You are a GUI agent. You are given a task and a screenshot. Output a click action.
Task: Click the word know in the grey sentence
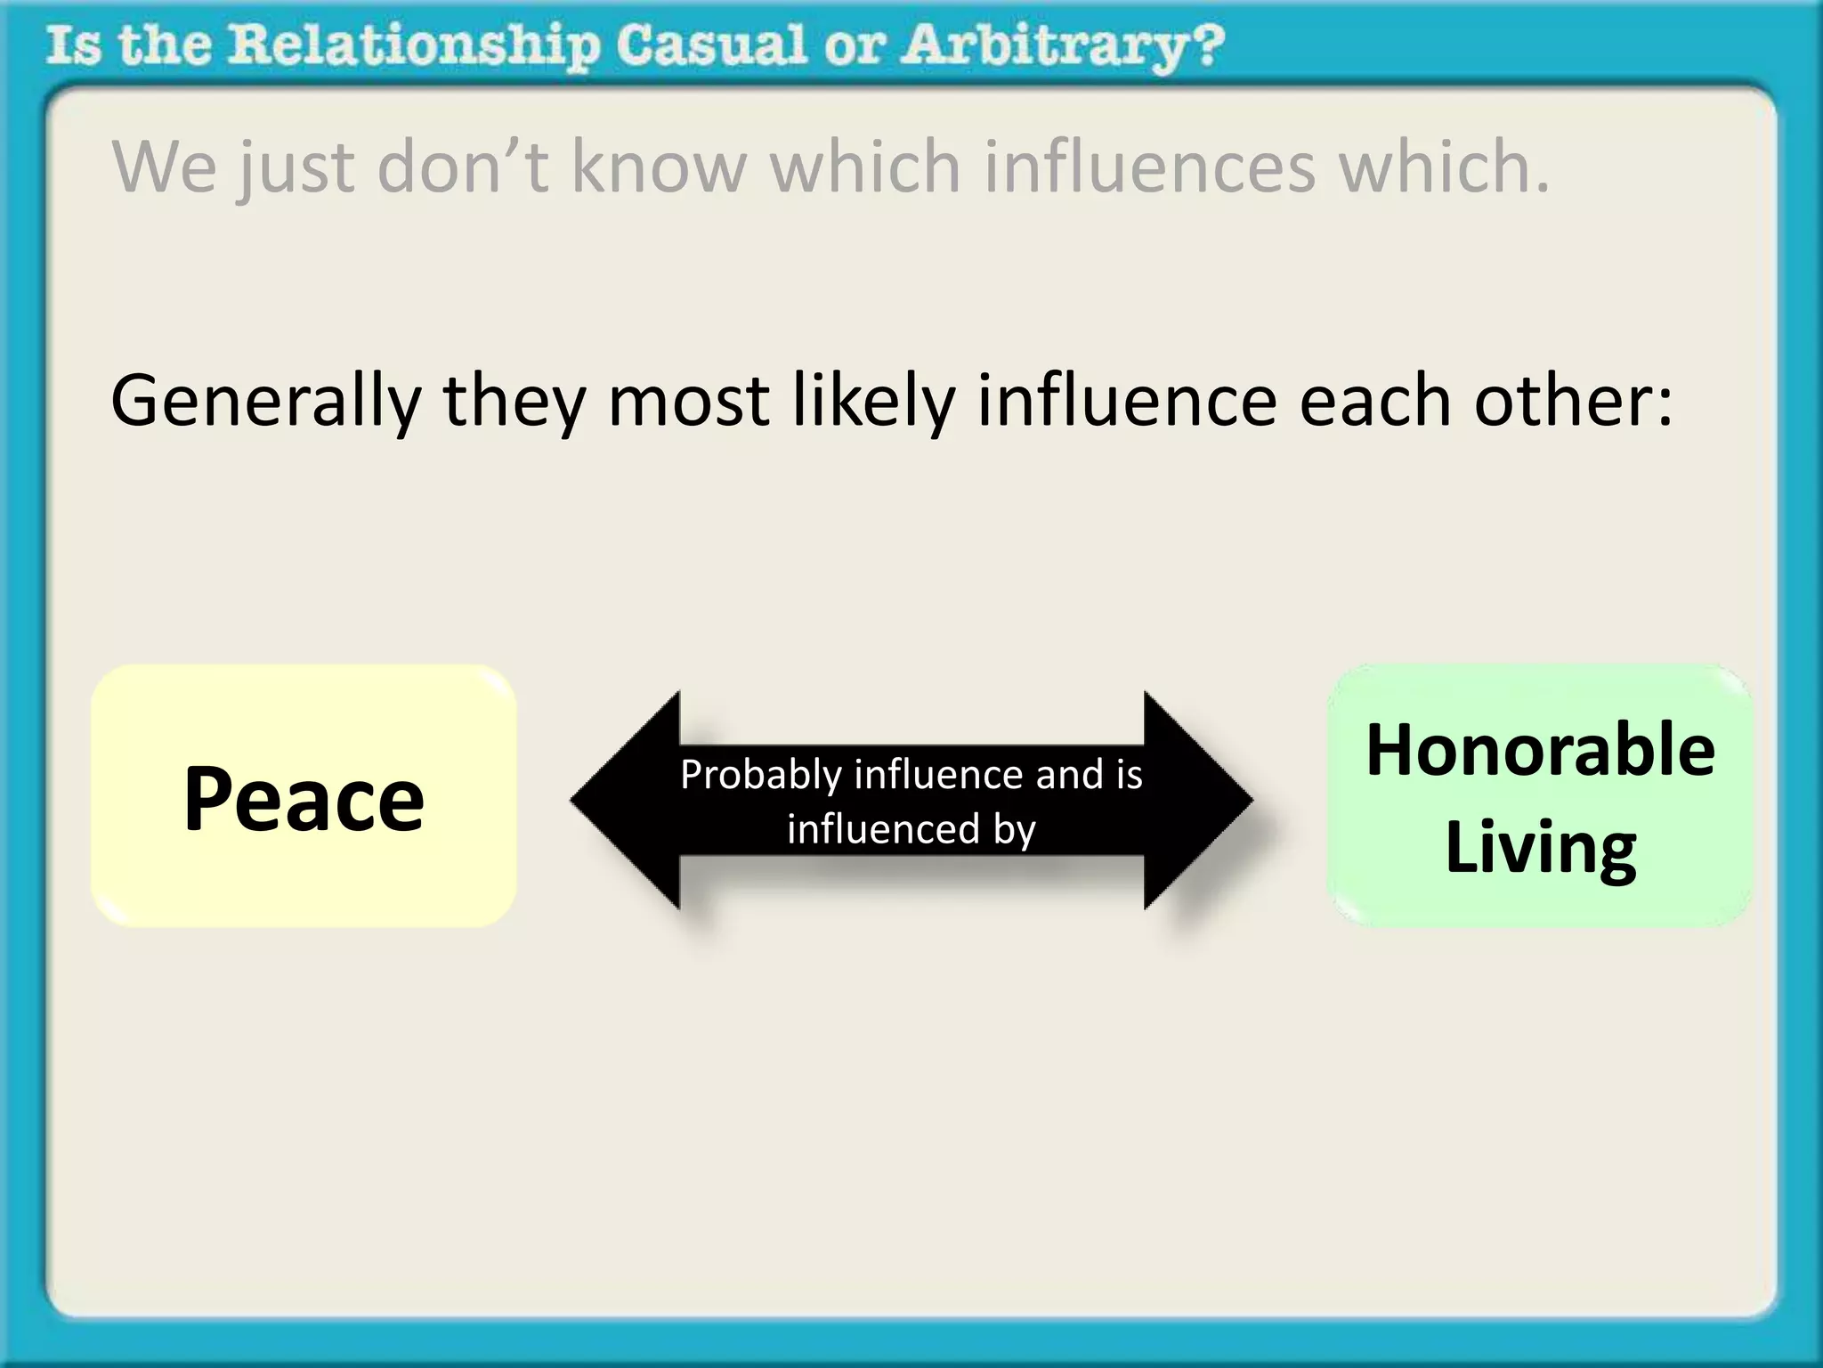tap(659, 167)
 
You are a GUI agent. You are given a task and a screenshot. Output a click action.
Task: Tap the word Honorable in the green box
tap(1540, 750)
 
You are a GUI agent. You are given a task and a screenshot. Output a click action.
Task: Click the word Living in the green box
tap(1540, 848)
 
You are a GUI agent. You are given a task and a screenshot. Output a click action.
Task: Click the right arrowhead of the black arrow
tap(1198, 800)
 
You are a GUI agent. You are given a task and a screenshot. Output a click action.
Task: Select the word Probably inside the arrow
tap(761, 774)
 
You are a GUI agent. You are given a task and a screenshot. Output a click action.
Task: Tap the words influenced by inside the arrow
tap(911, 829)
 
